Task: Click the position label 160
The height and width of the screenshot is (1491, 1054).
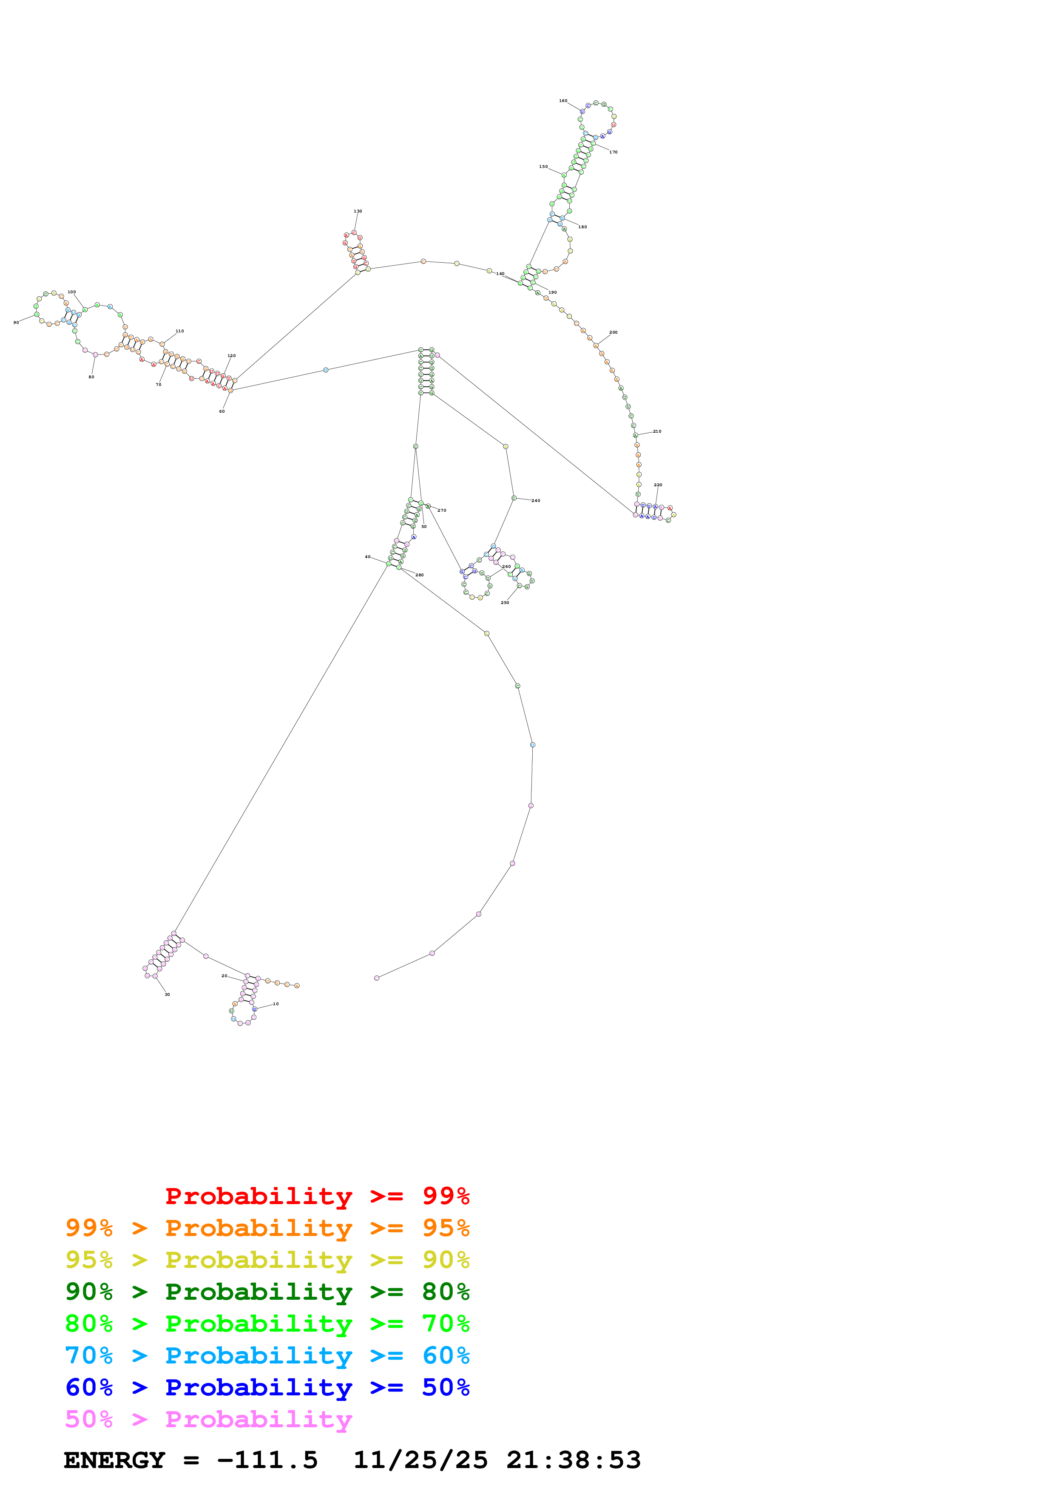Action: pos(563,101)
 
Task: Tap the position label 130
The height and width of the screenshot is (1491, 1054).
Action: pos(358,211)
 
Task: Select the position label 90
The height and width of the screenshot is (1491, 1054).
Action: pos(16,322)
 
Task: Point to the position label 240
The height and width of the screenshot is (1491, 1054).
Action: pos(536,501)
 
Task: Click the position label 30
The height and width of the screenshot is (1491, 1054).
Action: pos(167,994)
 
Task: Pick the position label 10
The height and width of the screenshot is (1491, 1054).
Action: pos(276,1004)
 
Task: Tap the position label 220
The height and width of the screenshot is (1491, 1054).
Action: pos(658,485)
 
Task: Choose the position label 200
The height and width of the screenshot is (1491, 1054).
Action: pos(613,332)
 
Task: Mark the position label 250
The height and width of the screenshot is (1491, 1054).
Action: pos(505,603)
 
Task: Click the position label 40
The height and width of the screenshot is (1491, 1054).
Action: pos(368,556)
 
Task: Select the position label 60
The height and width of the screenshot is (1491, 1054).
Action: pos(222,411)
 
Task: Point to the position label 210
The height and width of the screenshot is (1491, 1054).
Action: pos(657,431)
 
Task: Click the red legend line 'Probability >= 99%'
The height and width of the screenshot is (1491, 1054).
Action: pos(317,1196)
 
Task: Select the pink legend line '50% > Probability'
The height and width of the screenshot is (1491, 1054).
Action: pos(208,1420)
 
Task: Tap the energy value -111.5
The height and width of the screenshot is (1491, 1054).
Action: pos(267,1460)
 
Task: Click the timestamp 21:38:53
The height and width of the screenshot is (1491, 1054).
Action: pos(574,1460)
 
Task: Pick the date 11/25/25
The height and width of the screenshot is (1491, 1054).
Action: pos(420,1460)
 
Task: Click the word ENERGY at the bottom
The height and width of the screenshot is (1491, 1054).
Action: pos(114,1460)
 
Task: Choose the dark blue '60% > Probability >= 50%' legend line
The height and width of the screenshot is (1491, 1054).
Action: pos(267,1388)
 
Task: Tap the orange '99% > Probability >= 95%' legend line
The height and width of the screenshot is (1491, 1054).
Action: pos(267,1228)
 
